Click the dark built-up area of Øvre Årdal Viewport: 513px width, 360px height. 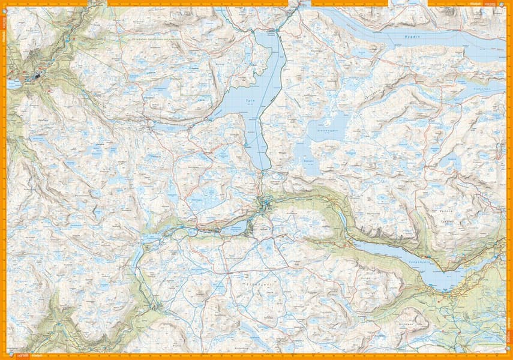coord(36,76)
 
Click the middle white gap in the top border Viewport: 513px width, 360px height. coord(298,4)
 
